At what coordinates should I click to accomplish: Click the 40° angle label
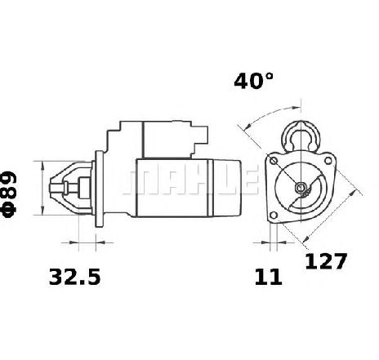click(253, 81)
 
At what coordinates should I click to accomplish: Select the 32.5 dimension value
click(74, 277)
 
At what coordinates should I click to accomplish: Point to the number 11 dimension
click(268, 277)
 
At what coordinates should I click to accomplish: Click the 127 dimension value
click(326, 261)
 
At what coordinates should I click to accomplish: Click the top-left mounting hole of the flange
click(274, 161)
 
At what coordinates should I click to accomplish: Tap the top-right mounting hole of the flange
click(328, 161)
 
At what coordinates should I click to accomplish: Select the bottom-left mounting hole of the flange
click(274, 216)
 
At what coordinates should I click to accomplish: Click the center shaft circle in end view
click(301, 187)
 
